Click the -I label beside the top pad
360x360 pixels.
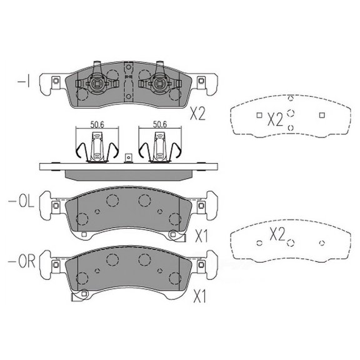pyautogui.click(x=21, y=82)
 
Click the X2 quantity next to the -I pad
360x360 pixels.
pyautogui.click(x=197, y=113)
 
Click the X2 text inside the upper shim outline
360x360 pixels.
pyautogui.click(x=275, y=119)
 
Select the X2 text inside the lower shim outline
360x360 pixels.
pyautogui.click(x=277, y=234)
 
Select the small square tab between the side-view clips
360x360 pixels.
pyautogui.click(x=127, y=157)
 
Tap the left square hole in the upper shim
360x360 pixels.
pyautogui.click(x=259, y=114)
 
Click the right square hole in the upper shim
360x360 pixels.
pyautogui.click(x=322, y=114)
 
